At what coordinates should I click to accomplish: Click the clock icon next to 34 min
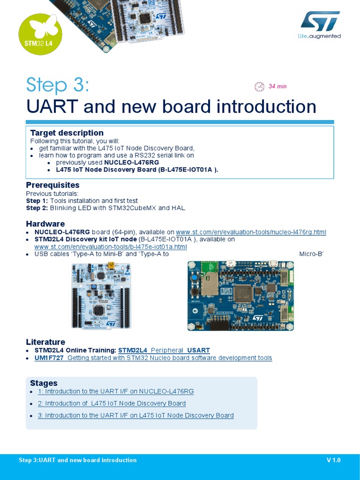point(259,86)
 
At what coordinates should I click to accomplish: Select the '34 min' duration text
point(277,86)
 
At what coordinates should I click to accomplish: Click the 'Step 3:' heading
point(57,85)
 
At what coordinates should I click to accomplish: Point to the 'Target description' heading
point(67,133)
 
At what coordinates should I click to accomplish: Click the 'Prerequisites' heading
point(52,185)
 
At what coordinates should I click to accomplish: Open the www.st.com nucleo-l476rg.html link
point(251,232)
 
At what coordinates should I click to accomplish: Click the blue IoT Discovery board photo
point(240,296)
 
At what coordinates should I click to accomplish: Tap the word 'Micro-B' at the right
point(312,254)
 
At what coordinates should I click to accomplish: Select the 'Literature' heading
point(45,342)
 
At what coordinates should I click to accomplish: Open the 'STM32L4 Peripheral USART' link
point(164,350)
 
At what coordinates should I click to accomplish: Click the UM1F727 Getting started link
point(153,358)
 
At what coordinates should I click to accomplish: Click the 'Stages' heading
point(44,383)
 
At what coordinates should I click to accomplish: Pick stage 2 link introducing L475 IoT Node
point(115,403)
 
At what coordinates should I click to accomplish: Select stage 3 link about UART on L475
point(139,415)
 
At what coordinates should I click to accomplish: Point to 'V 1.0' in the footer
point(333,460)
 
